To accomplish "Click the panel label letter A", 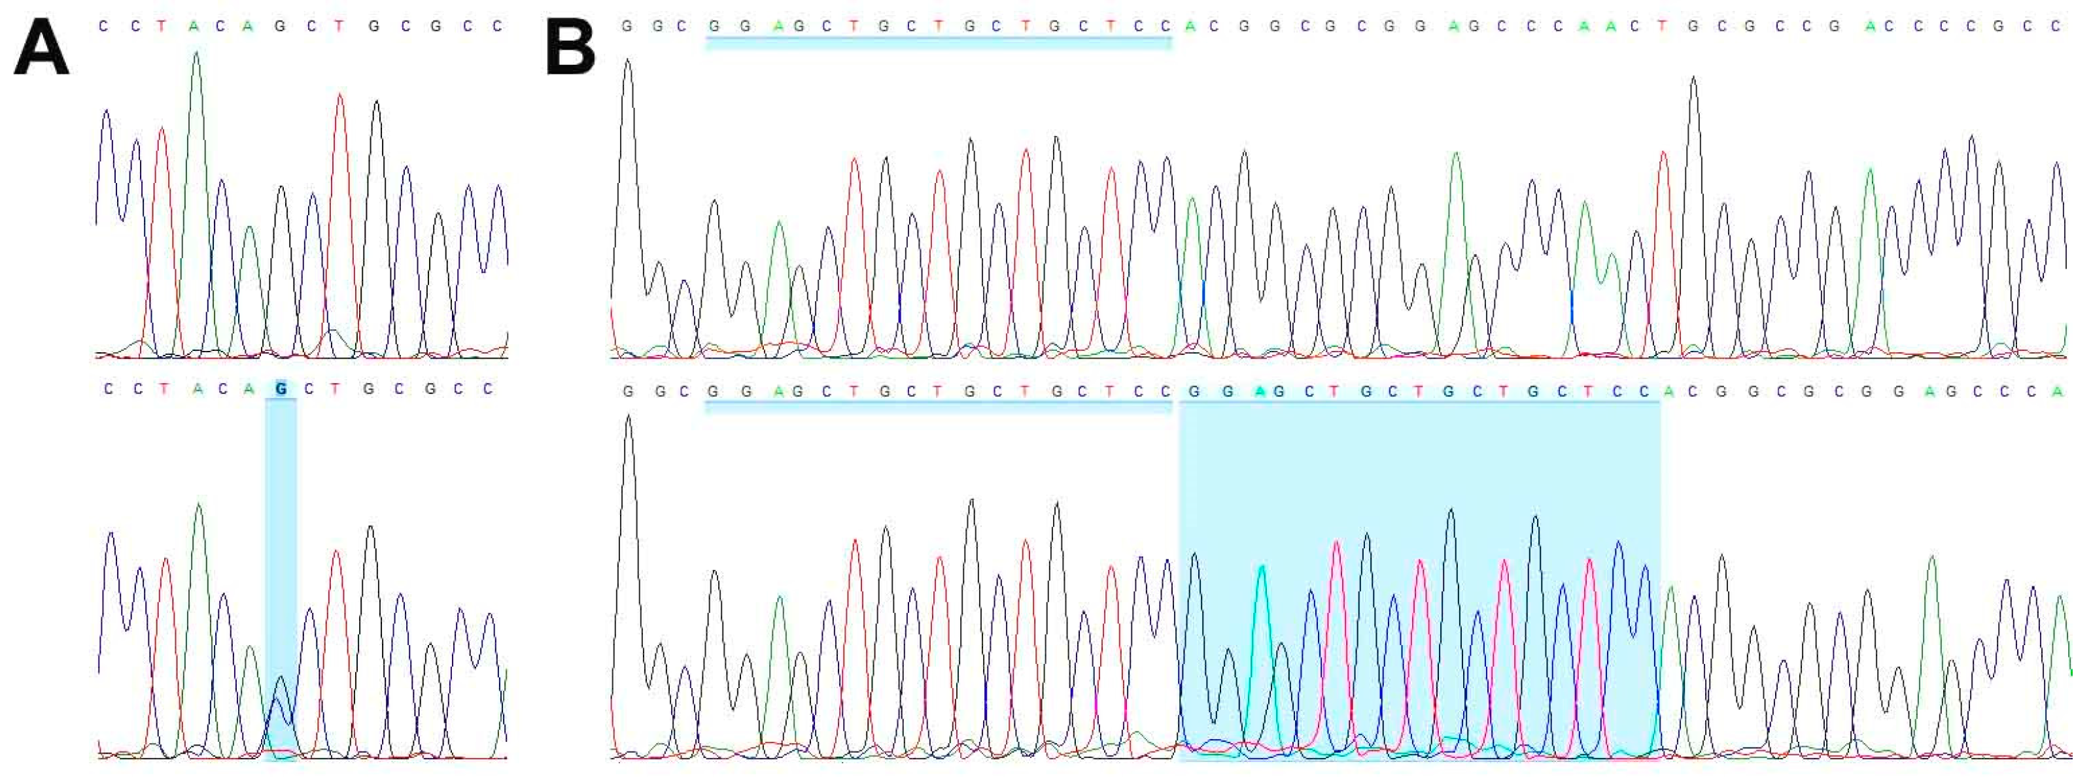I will (41, 48).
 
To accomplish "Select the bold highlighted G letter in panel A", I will (281, 389).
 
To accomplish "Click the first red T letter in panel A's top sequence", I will (162, 26).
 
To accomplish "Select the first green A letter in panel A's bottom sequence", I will (198, 389).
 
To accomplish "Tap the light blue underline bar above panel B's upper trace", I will (937, 43).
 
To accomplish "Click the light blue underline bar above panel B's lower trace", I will (937, 406).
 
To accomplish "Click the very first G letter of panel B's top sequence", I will (626, 26).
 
